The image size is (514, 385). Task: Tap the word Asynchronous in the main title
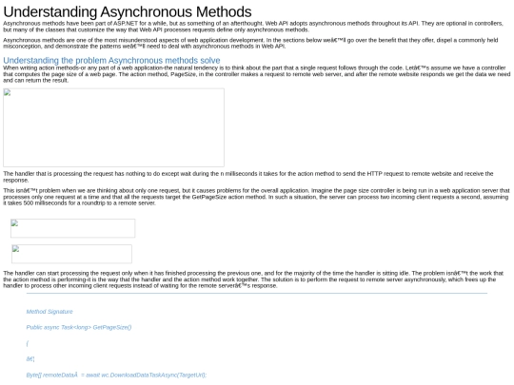[140, 11]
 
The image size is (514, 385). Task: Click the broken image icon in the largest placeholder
[7, 93]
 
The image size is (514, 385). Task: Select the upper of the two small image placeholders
[72, 228]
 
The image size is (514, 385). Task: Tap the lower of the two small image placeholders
[71, 254]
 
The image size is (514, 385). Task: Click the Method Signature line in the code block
[49, 312]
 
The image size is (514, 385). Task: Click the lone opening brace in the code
[28, 343]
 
